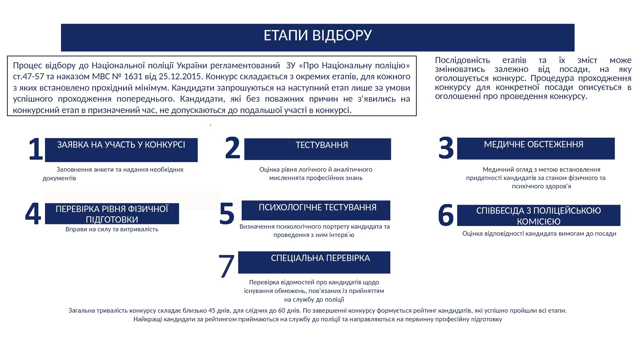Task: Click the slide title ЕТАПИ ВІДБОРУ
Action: point(317,35)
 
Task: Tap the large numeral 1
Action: point(36,149)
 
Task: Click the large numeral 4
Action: point(33,213)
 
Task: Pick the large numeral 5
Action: point(227,213)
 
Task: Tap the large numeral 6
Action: point(446,215)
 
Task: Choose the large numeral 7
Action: point(227,266)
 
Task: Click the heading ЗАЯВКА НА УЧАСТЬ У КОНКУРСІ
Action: point(121,145)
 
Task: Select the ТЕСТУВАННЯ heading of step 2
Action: point(322,145)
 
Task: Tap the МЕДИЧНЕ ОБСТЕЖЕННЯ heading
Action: point(533,145)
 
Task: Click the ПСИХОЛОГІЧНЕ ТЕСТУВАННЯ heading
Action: point(317,208)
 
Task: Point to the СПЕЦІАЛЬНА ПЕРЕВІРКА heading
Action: point(320,258)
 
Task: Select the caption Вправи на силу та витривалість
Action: point(112,229)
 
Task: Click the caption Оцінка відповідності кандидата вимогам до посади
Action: point(539,234)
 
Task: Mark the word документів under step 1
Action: point(59,178)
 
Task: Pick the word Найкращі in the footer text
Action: point(146,319)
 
